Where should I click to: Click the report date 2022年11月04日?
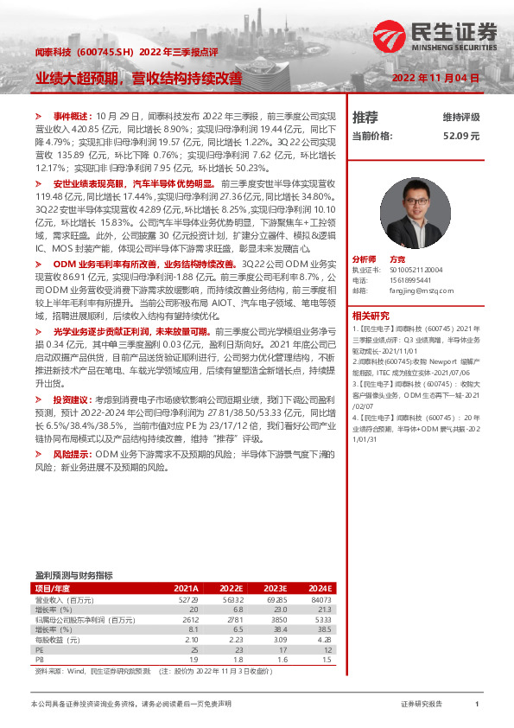click(436, 78)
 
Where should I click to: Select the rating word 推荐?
click(365, 118)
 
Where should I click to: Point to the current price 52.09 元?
click(460, 136)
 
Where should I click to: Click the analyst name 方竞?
click(398, 259)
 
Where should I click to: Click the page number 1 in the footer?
click(476, 705)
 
